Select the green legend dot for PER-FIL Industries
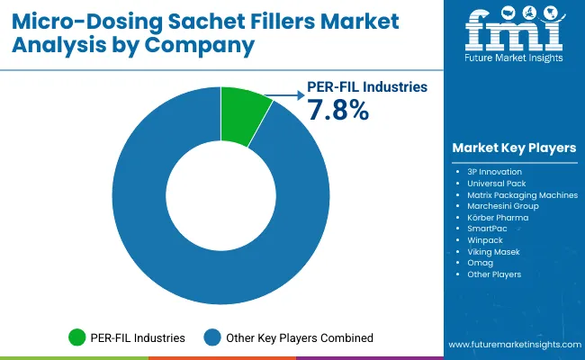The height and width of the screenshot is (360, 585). point(78,338)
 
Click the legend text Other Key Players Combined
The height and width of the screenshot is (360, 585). point(301,338)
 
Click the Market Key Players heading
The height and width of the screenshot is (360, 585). point(515,148)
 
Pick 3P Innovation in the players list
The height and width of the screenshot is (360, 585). point(496,171)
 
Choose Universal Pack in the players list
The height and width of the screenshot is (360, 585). point(497,183)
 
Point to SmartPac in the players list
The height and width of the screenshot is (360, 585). point(488,229)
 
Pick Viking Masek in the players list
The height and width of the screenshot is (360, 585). point(493,252)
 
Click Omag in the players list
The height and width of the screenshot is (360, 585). point(481,264)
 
